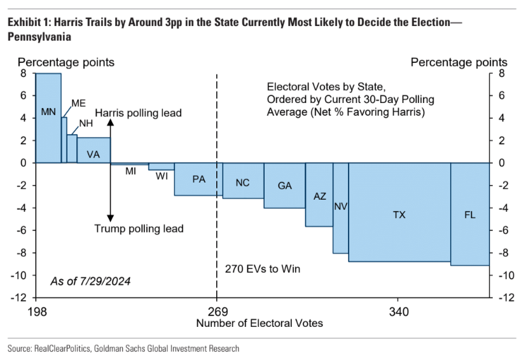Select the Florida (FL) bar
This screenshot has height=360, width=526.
click(470, 214)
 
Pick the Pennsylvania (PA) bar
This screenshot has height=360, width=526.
click(198, 179)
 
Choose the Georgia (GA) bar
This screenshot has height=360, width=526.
click(285, 185)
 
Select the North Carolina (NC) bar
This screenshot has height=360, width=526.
click(242, 181)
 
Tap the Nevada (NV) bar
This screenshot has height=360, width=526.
click(341, 207)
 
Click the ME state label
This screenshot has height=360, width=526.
click(79, 103)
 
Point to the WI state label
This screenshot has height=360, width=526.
click(162, 176)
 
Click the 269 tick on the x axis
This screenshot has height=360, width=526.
click(218, 312)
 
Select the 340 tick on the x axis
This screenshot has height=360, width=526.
click(399, 312)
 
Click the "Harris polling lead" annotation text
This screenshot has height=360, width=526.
click(139, 113)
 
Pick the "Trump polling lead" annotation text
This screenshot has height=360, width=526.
click(139, 229)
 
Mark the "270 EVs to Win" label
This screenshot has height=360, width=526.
click(263, 269)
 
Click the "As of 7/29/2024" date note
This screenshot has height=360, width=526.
click(91, 280)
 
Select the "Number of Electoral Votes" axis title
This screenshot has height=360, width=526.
click(260, 323)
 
